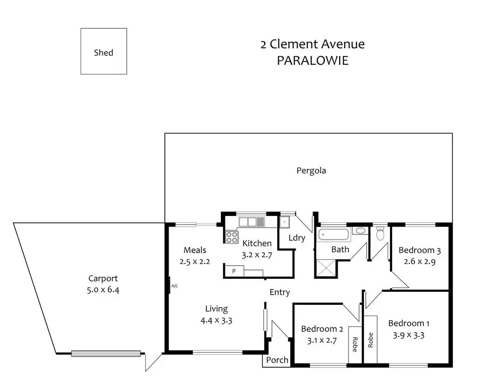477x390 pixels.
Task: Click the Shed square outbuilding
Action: point(103,51)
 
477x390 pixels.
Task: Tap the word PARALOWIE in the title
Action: point(313,61)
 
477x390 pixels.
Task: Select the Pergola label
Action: point(311,170)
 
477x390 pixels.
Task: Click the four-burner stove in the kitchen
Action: point(231,237)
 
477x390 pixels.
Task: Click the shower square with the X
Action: point(326,268)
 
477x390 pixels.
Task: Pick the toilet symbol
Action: point(380,233)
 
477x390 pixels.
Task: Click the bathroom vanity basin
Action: point(360,230)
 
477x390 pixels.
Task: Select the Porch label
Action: point(277,360)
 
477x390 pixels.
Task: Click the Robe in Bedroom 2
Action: point(354,343)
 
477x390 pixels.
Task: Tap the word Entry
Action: point(279,292)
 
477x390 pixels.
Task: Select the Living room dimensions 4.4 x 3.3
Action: point(216,320)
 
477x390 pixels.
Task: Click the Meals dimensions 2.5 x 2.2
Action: point(195,261)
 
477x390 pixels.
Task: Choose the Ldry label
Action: point(297,238)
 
